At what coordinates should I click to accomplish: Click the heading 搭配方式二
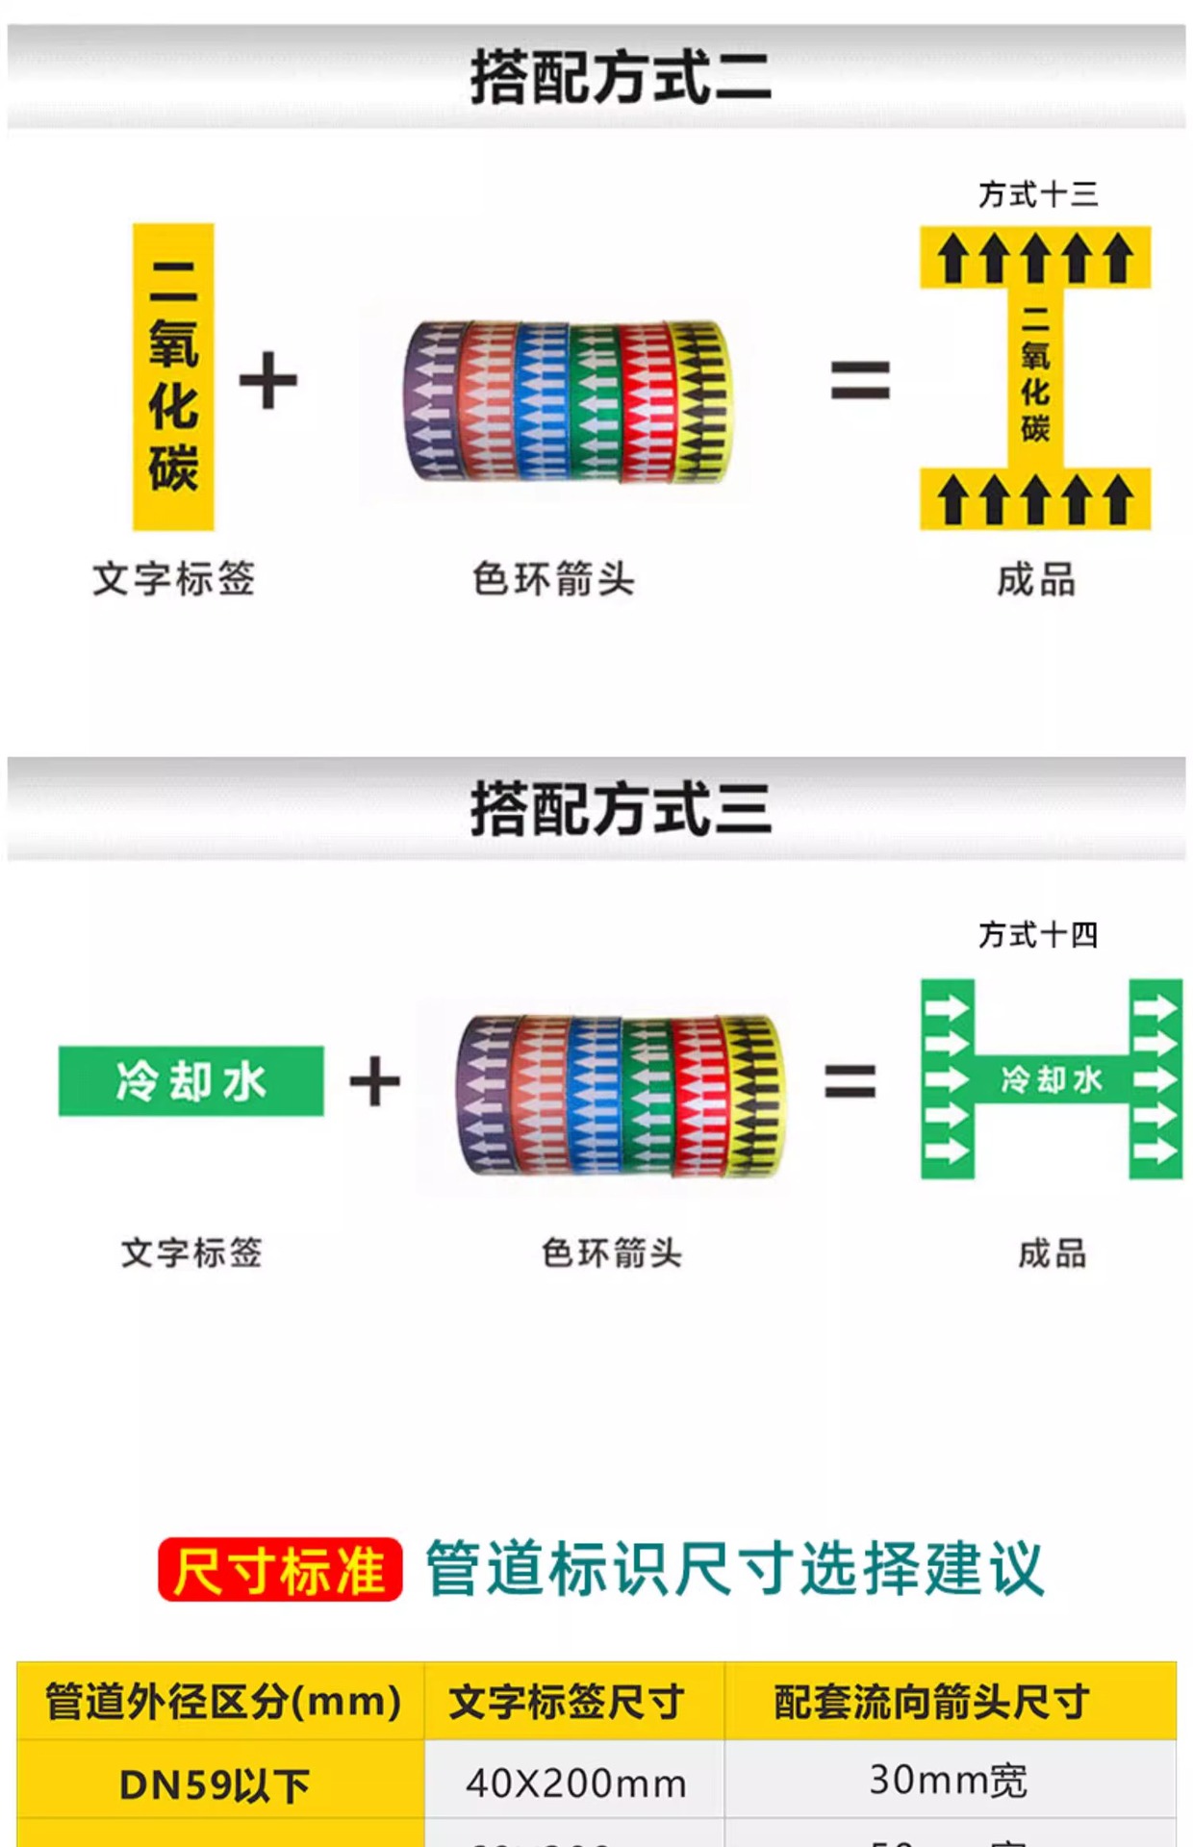point(621,77)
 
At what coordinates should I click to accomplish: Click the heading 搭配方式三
point(621,808)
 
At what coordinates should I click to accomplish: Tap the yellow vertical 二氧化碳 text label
point(173,377)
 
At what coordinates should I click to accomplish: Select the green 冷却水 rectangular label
point(191,1081)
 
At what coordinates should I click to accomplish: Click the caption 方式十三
point(1038,194)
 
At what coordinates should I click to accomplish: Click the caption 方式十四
point(1038,934)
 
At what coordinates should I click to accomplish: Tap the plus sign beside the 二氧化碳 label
point(268,380)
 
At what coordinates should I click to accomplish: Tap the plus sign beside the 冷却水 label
point(374,1081)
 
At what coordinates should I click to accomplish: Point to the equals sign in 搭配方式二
point(860,380)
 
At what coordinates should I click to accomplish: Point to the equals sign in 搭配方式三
point(850,1081)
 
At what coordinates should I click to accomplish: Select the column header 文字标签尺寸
point(567,1701)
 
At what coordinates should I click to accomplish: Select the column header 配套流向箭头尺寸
point(931,1701)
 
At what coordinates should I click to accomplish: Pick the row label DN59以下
point(215,1785)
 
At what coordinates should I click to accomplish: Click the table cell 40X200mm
point(575,1784)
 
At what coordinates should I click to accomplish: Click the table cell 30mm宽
point(949,1780)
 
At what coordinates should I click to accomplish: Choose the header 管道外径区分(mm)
point(222,1701)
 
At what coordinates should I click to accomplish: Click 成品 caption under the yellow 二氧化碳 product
point(1036,580)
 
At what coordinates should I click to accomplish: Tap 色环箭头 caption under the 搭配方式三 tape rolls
point(612,1253)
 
